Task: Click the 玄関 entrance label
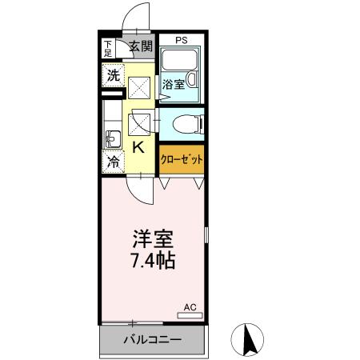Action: (x=141, y=46)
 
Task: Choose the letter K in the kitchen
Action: (x=138, y=147)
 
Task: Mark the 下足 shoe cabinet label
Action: (x=108, y=48)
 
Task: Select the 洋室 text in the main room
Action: (x=153, y=238)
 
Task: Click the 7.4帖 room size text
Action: (x=153, y=261)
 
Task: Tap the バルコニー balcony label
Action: (x=152, y=339)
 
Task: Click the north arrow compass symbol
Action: (x=249, y=339)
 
